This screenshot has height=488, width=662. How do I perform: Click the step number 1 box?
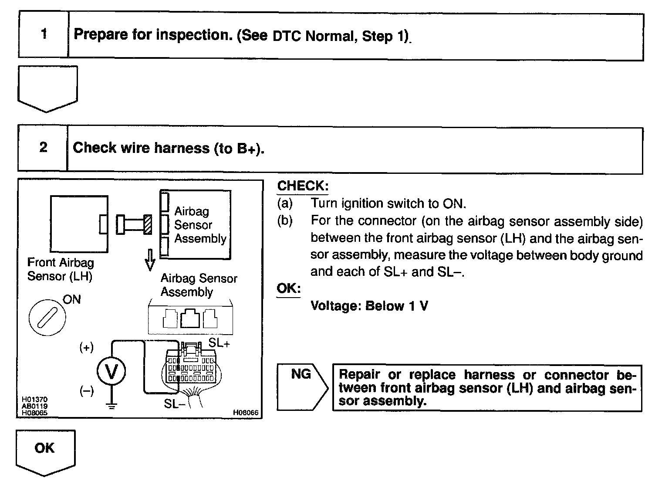coord(44,34)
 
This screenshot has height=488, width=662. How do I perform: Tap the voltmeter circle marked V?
coord(111,372)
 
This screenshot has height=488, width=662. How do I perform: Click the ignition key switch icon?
coord(47,317)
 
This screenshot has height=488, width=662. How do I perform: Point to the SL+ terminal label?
coord(219,343)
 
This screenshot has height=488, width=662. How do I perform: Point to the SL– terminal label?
coord(175,404)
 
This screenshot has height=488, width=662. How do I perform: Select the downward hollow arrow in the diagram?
coord(150,260)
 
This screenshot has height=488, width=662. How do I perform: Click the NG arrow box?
coord(302,387)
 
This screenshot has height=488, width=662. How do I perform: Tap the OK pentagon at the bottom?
coord(45,452)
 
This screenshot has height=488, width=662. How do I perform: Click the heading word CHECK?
coord(303,186)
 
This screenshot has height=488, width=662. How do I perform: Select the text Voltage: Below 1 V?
coord(369,306)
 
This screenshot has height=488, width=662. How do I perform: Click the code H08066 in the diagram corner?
coord(246,412)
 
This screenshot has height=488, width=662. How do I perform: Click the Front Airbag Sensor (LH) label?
coord(60,269)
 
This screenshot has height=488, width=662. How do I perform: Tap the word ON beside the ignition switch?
coord(72,299)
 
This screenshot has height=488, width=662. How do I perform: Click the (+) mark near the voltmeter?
coord(86,348)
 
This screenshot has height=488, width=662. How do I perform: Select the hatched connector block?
coord(148,225)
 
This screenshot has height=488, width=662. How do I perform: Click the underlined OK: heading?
coord(288,289)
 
